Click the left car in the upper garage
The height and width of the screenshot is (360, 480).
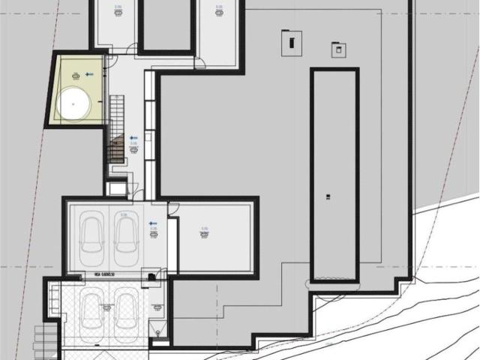tap(94, 233)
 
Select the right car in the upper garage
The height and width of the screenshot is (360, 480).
tap(126, 233)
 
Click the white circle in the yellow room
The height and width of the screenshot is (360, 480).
tap(74, 103)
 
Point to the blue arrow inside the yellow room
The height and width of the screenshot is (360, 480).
tap(89, 73)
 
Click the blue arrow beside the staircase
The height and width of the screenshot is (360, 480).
tap(133, 138)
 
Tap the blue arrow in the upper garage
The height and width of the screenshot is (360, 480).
tap(151, 223)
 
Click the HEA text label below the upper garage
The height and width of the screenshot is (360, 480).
tap(103, 275)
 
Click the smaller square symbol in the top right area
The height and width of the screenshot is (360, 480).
tap(339, 50)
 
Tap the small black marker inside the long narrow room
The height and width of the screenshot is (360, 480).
tap(327, 197)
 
